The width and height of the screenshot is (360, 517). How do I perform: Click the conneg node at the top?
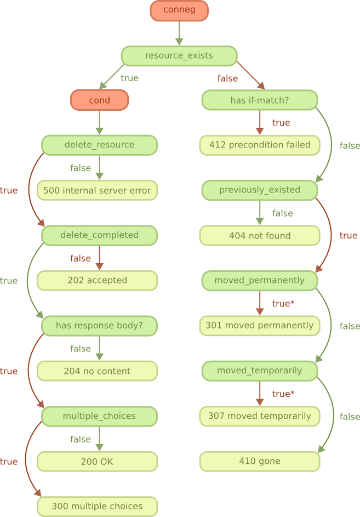click(x=179, y=10)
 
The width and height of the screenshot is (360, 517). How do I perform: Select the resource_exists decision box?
click(x=179, y=56)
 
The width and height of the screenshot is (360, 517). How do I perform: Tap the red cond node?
click(x=99, y=100)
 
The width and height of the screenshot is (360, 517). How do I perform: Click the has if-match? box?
click(x=259, y=100)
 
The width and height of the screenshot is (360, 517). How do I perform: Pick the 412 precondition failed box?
click(x=259, y=145)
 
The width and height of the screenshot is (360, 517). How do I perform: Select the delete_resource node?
click(x=99, y=145)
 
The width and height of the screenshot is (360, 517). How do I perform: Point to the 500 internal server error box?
click(x=97, y=190)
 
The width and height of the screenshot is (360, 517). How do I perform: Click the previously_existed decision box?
click(x=259, y=190)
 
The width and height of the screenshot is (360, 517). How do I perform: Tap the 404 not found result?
click(x=259, y=235)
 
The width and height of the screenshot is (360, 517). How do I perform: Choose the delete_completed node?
click(x=99, y=235)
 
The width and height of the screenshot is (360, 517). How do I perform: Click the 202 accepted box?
click(x=97, y=281)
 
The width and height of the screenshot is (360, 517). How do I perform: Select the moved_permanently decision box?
click(x=259, y=281)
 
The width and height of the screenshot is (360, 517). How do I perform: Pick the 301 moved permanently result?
click(x=259, y=326)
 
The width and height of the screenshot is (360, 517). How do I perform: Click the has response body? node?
click(x=99, y=326)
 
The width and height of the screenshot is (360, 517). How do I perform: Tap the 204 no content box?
click(x=97, y=371)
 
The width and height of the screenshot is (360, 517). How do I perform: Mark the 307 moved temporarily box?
click(x=259, y=416)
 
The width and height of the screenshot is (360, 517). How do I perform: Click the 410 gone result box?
click(x=259, y=461)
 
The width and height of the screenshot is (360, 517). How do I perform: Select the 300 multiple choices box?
click(x=97, y=507)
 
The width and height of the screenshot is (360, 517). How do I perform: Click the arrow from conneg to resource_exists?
click(x=179, y=33)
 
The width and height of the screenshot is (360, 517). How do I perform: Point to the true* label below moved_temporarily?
click(x=283, y=394)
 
